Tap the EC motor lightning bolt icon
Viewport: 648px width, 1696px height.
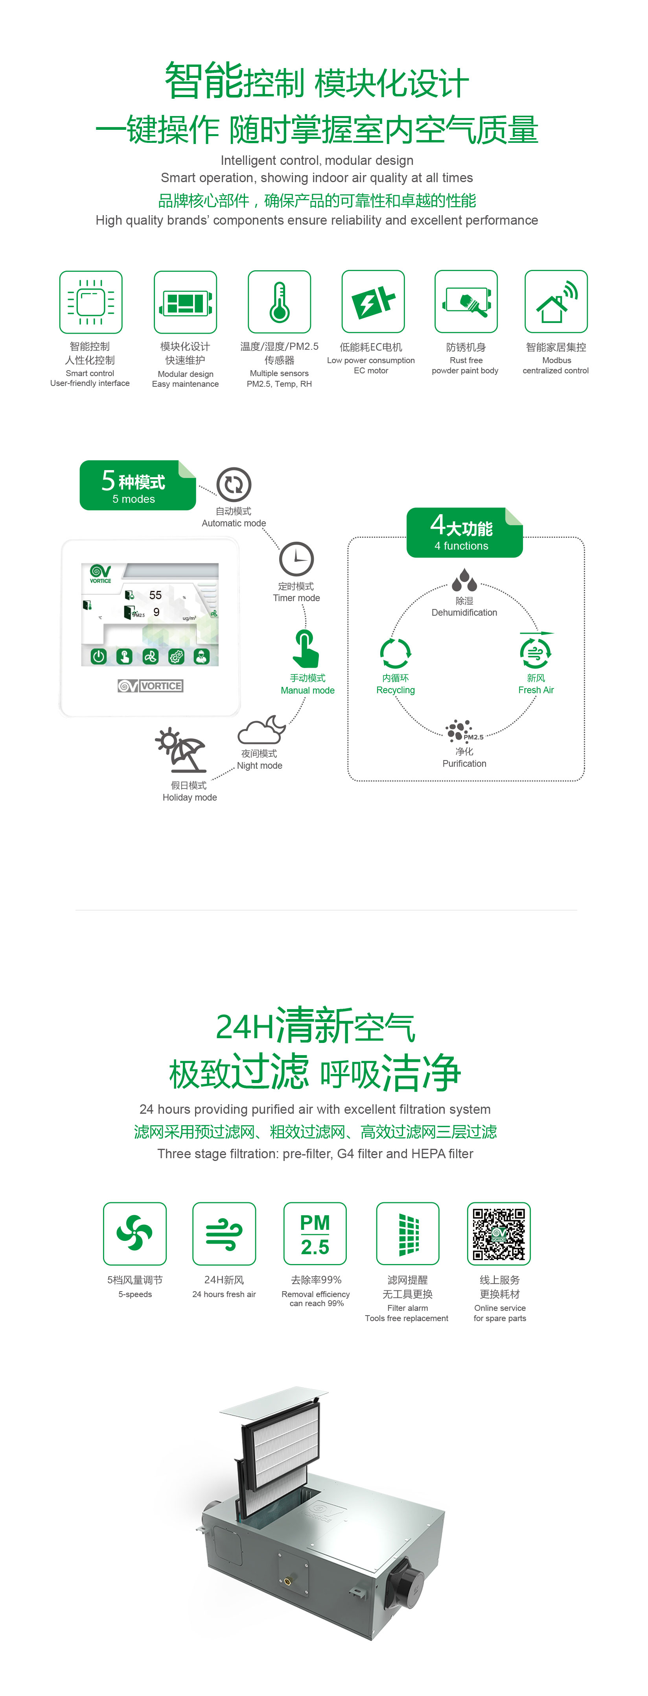coord(373,301)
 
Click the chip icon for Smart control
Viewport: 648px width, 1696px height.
coord(91,302)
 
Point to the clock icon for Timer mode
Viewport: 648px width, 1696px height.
coord(296,559)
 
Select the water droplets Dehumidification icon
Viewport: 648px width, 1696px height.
coord(464,581)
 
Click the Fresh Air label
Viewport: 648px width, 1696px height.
coord(536,690)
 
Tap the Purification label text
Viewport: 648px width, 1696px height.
coord(464,764)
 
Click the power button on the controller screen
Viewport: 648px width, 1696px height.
coord(99,656)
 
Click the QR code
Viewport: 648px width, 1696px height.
coord(499,1233)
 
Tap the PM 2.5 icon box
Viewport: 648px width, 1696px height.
coord(315,1234)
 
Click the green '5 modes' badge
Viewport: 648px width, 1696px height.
coord(138,485)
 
